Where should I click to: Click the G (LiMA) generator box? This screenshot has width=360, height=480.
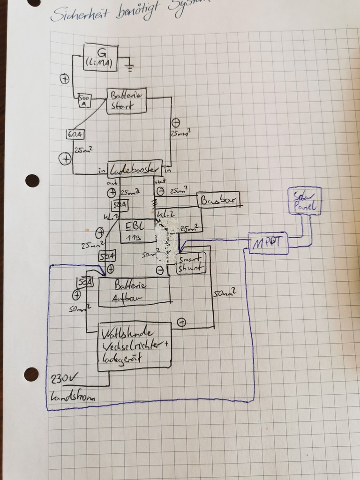tap(100, 57)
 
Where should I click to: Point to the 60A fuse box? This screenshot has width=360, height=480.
tap(75, 134)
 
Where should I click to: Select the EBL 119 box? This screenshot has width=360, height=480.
tap(137, 230)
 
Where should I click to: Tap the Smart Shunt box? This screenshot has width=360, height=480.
tap(191, 264)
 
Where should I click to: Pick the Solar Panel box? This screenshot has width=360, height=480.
tap(304, 202)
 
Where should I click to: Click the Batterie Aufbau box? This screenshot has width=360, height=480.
tap(133, 291)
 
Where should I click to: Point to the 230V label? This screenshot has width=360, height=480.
tap(63, 377)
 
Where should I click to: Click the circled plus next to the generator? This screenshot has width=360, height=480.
tap(65, 79)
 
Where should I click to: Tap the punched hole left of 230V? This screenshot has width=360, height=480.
tap(31, 374)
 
